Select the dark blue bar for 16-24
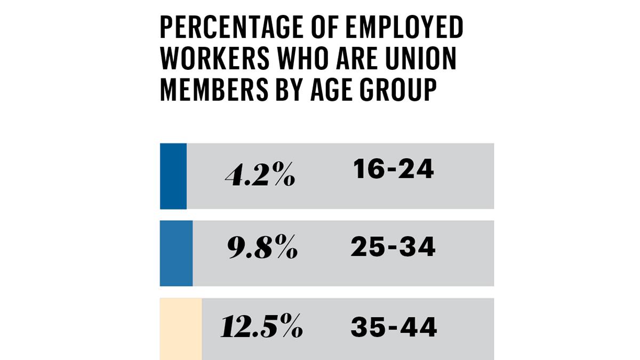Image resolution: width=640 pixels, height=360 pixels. point(173,176)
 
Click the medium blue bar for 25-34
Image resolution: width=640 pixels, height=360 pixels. point(177,253)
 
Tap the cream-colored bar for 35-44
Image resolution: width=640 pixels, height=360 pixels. point(181,329)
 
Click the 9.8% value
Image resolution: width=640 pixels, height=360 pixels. point(262,249)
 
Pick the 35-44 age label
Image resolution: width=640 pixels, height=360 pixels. point(394,326)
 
